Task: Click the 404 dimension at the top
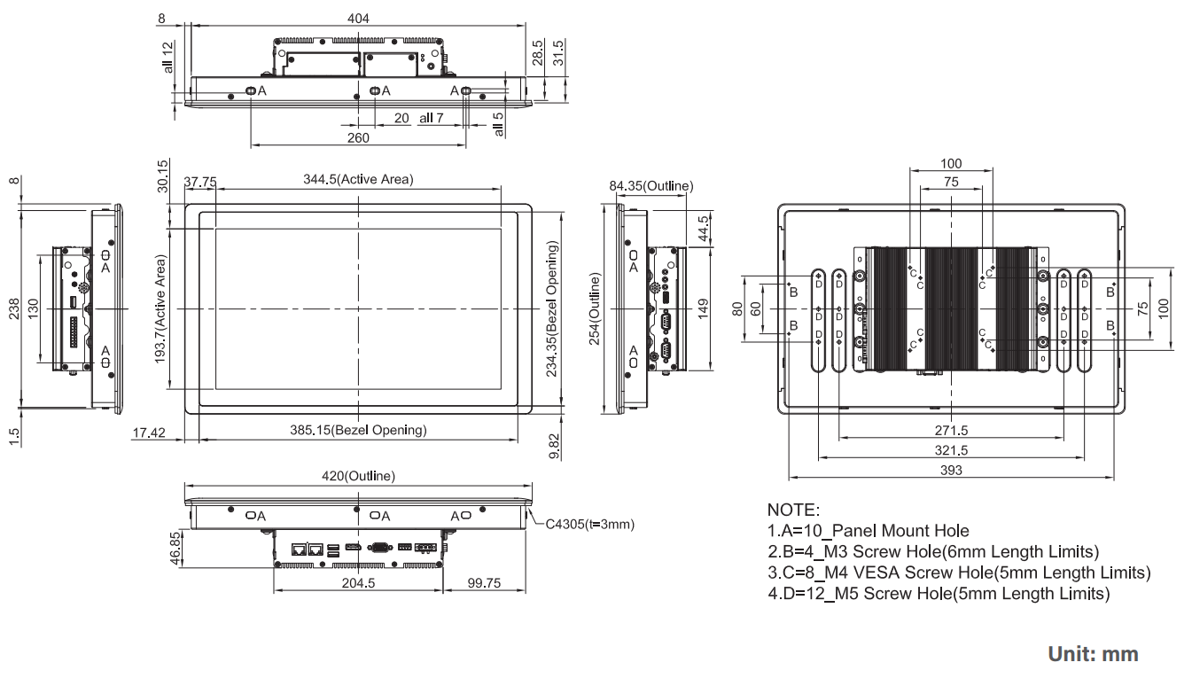(358, 18)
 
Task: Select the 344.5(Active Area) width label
(358, 179)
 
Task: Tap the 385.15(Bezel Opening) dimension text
(358, 431)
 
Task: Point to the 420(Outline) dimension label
(358, 476)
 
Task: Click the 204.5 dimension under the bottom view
(358, 583)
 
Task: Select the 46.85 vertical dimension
(176, 548)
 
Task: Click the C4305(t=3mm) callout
(590, 524)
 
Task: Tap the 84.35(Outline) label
(651, 186)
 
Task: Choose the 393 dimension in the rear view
(949, 471)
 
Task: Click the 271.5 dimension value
(949, 431)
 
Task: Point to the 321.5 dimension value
(949, 451)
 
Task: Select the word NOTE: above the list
(794, 511)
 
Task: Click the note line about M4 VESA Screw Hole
(959, 573)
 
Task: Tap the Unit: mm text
(1093, 654)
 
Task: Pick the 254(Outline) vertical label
(595, 309)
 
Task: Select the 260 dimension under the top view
(358, 137)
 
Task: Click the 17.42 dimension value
(150, 432)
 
